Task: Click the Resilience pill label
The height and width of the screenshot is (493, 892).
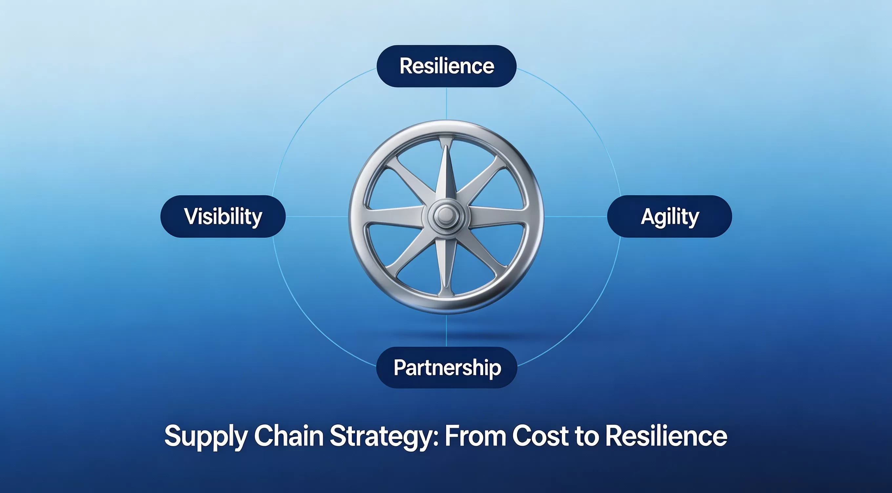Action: point(447,66)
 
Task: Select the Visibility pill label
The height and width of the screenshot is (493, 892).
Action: point(223,216)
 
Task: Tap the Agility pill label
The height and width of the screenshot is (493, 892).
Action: point(670,216)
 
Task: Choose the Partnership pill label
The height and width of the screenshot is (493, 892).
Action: point(447,367)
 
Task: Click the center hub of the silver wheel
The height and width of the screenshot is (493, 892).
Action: point(446,216)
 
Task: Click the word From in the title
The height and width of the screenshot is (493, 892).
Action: point(475,436)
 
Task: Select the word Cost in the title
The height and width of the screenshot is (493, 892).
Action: point(540,436)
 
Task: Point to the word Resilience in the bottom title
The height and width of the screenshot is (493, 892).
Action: point(666,436)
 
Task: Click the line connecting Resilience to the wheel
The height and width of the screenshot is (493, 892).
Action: point(446,104)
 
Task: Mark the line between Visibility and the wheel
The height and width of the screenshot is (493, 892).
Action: point(317,216)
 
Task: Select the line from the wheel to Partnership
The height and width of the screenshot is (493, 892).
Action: point(446,330)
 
